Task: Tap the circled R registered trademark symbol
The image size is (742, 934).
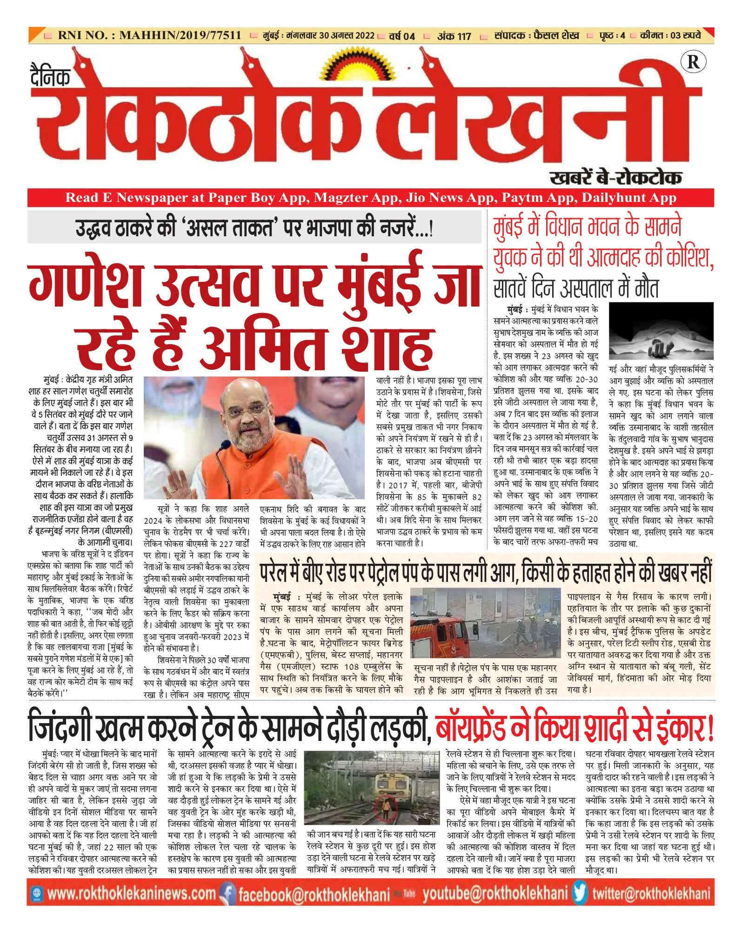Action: click(693, 62)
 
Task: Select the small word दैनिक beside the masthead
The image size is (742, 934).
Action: click(50, 76)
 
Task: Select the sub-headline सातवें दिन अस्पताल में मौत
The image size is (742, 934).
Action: click(576, 289)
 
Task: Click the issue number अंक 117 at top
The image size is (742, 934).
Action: click(454, 36)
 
